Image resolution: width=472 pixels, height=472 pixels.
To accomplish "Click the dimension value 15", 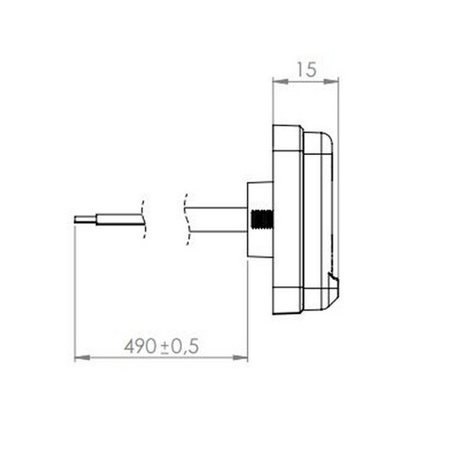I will [x=307, y=69].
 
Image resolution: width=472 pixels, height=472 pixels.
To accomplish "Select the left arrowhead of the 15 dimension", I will [x=276, y=79].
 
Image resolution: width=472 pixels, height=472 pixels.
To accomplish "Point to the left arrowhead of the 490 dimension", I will [x=79, y=359].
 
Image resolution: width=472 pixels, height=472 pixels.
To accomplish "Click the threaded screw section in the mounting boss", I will [x=258, y=219].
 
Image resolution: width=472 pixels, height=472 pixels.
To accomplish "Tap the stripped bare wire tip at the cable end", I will [x=84, y=219].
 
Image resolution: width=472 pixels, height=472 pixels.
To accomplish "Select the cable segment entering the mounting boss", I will [x=220, y=219].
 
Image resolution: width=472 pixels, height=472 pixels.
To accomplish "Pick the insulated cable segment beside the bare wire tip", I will [x=118, y=219].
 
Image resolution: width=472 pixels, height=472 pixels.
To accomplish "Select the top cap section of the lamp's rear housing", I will [x=287, y=138].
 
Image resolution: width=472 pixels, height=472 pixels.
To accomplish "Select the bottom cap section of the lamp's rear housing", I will [x=287, y=303].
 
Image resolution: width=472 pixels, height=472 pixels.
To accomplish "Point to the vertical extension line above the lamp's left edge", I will [x=272, y=102].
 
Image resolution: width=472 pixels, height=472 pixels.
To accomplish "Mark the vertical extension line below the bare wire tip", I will [x=74, y=291].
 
